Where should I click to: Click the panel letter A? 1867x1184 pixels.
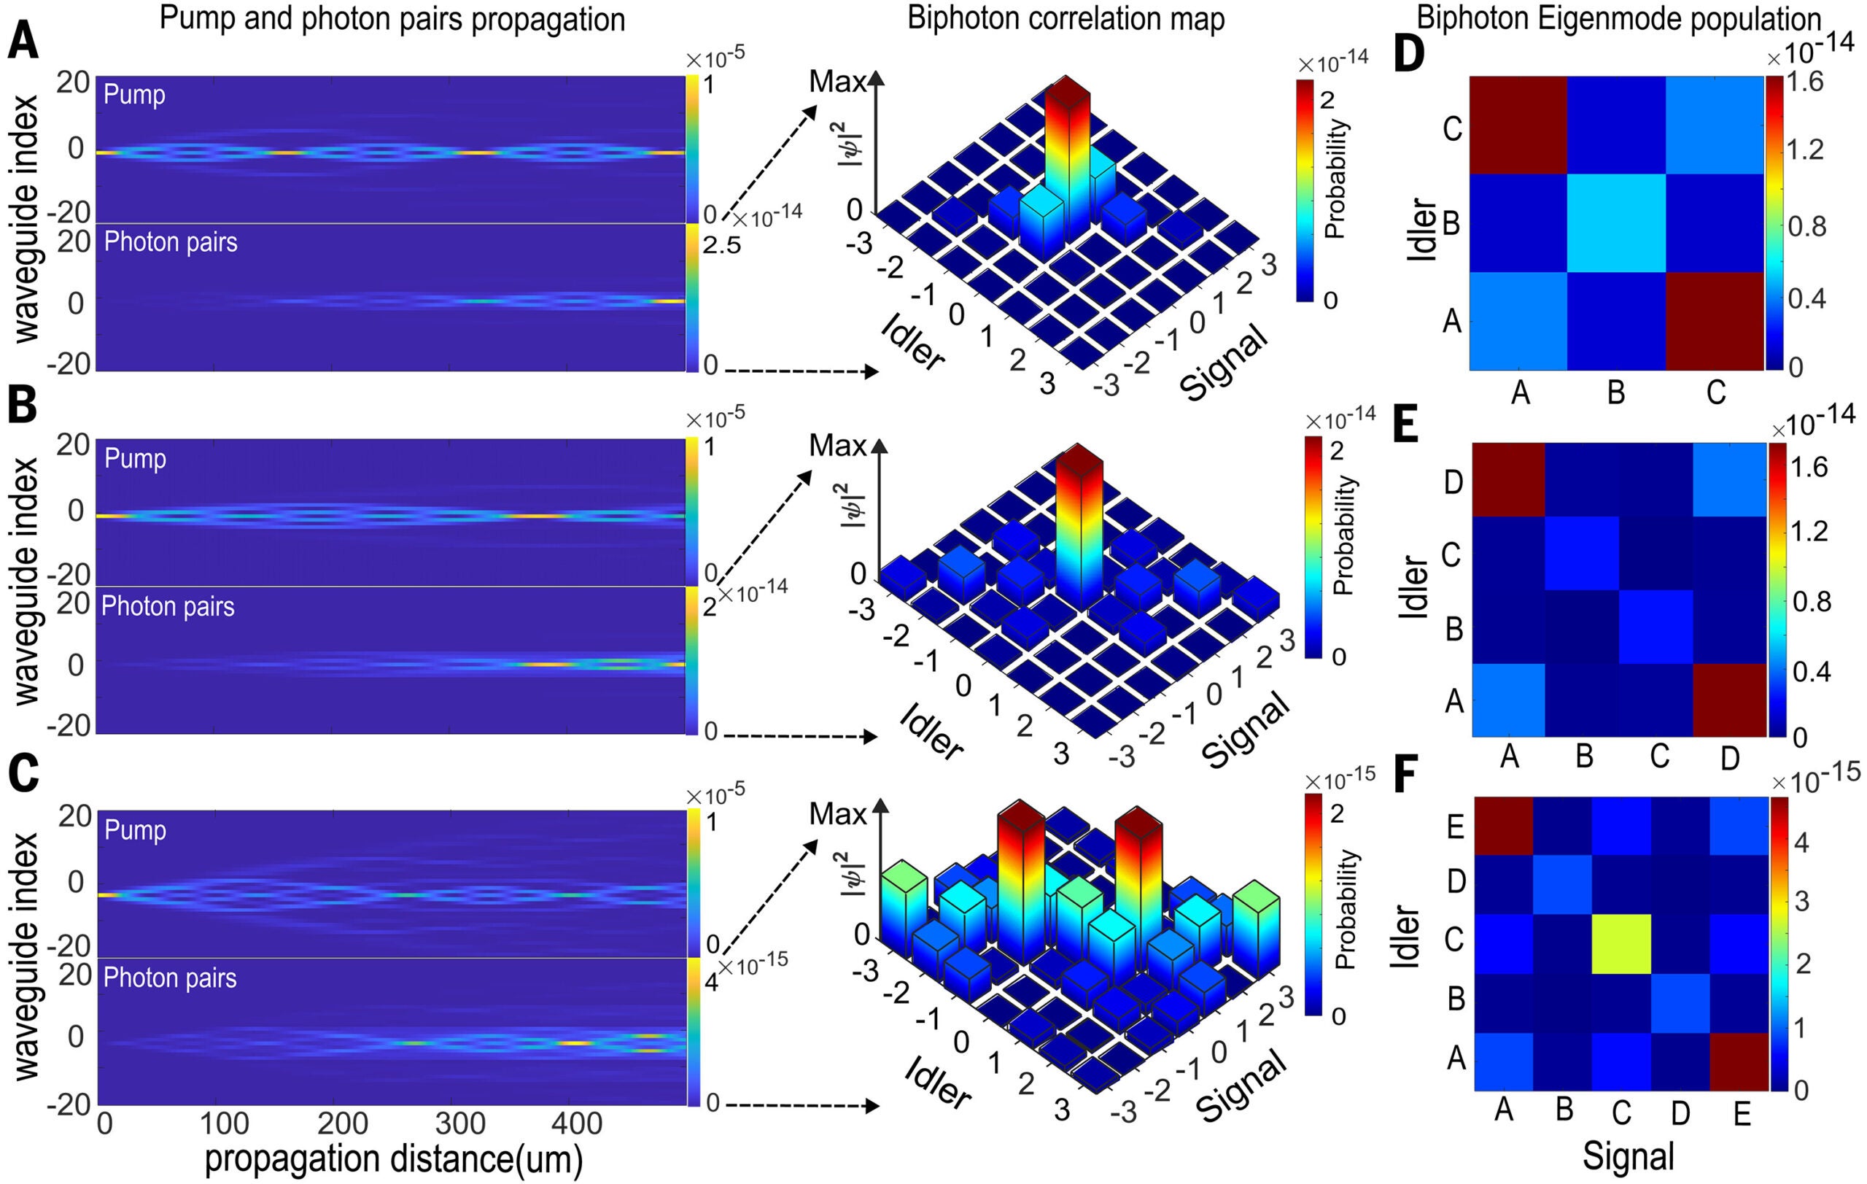[23, 41]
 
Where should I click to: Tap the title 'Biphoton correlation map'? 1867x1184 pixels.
[1066, 19]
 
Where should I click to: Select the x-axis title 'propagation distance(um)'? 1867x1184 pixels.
[393, 1159]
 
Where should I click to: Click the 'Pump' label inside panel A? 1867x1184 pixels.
[134, 95]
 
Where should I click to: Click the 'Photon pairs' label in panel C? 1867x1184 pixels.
[170, 978]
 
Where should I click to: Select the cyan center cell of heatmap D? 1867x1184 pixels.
[1616, 223]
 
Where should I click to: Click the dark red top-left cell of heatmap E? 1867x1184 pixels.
[1508, 479]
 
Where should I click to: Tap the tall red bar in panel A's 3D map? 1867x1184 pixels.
[1068, 155]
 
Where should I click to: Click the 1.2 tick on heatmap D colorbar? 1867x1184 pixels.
[1805, 150]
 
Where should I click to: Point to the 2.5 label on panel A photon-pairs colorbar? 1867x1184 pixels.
[721, 246]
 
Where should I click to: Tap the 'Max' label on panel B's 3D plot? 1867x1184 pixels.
[837, 446]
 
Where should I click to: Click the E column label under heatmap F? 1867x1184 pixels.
[1742, 1114]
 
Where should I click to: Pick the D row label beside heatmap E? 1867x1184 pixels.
[1453, 481]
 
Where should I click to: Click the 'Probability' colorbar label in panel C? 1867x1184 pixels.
[1346, 908]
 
